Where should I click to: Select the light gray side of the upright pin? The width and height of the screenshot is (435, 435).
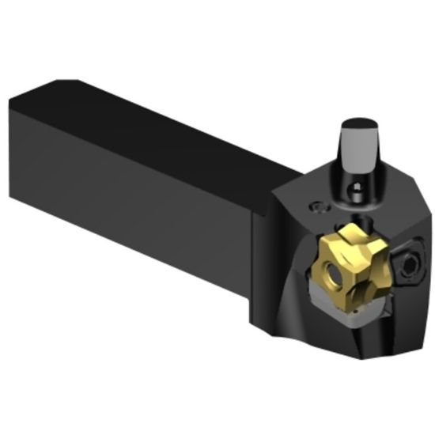click(356, 154)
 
